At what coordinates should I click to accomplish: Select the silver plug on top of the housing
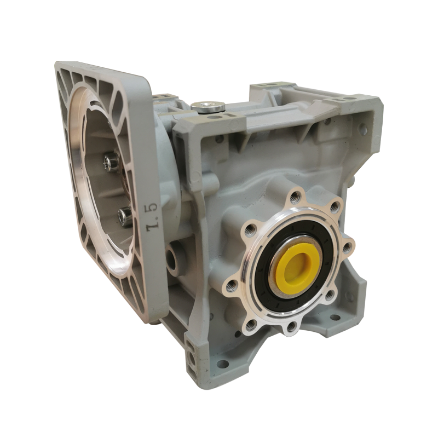point(209,107)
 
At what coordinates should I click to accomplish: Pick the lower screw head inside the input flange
point(123,216)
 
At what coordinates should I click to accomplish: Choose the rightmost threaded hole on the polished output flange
point(347,247)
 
